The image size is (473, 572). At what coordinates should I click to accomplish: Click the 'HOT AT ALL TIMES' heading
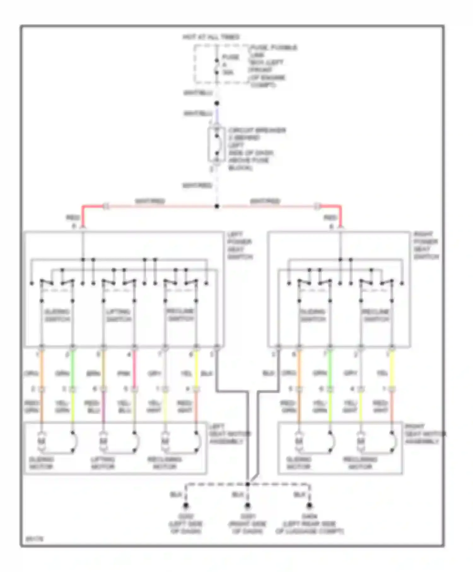[x=211, y=37]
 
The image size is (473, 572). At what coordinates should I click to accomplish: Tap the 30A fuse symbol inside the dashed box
[x=217, y=67]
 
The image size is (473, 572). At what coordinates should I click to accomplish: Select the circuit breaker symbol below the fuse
[x=217, y=145]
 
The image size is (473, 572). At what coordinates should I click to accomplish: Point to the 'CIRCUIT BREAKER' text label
[x=257, y=130]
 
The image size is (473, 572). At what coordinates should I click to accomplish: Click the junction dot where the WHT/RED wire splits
[x=217, y=207]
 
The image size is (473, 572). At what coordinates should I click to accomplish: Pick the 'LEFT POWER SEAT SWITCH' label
[x=240, y=246]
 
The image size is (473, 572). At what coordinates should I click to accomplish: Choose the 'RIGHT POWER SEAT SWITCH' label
[x=426, y=246]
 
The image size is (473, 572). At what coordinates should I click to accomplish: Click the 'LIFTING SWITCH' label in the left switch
[x=119, y=315]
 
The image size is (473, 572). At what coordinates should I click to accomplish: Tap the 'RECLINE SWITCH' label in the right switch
[x=376, y=315]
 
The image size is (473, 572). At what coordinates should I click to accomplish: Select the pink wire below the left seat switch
[x=134, y=369]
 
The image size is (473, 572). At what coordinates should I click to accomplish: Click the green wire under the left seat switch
[x=73, y=369]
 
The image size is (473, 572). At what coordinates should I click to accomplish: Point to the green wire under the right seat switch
[x=330, y=369]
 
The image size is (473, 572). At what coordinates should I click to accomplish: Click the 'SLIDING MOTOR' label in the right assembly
[x=298, y=463]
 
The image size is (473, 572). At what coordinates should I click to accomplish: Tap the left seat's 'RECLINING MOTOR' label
[x=165, y=463]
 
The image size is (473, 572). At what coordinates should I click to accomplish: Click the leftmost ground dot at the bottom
[x=186, y=506]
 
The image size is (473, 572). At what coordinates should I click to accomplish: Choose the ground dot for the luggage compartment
[x=309, y=506]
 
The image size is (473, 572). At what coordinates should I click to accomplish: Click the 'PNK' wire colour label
[x=124, y=374]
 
